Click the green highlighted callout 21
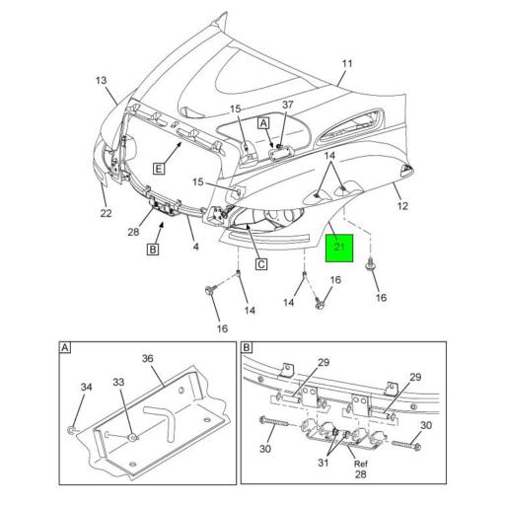tap(339, 247)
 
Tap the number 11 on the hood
tap(346, 64)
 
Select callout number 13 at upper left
tap(102, 80)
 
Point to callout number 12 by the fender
tap(402, 205)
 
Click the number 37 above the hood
tap(288, 106)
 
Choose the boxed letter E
tap(158, 169)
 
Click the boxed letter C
tap(261, 263)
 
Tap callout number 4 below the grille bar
tap(195, 247)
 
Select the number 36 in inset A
tap(148, 358)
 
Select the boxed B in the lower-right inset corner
tap(248, 348)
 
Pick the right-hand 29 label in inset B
tap(415, 378)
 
